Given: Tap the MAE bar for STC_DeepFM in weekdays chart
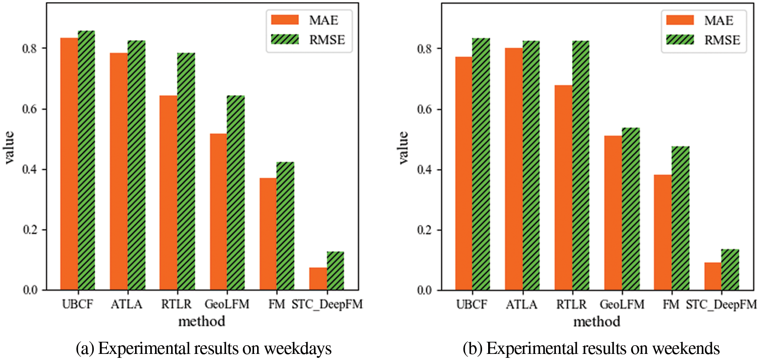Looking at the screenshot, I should (x=318, y=279).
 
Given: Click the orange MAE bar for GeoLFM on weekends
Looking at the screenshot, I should (x=613, y=213).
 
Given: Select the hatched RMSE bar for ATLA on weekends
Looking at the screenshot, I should (x=531, y=165).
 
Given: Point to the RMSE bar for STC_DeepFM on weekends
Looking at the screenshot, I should (x=730, y=270).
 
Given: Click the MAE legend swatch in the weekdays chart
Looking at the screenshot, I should (x=285, y=20).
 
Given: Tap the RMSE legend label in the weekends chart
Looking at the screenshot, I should (x=722, y=40).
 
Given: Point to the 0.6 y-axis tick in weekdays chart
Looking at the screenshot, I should (x=30, y=109).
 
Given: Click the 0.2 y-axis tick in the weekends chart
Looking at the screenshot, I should (x=424, y=230).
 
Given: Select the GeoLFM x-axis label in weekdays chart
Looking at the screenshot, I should (x=227, y=304).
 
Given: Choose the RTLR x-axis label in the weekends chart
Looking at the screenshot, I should (x=571, y=304).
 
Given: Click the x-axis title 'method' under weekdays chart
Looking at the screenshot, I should (x=202, y=321).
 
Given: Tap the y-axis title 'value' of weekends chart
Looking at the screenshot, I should (x=403, y=147).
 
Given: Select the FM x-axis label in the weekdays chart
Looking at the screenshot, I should (x=277, y=304).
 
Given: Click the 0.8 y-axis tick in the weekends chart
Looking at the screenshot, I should (x=424, y=49).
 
